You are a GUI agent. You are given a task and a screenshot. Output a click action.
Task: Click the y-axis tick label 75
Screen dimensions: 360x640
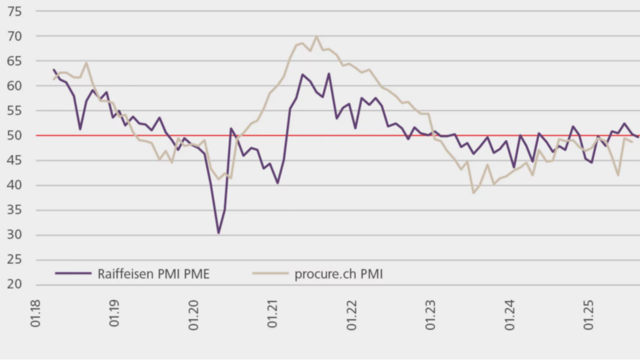click(15, 11)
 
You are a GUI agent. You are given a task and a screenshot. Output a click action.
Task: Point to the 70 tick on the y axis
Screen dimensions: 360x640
click(15, 36)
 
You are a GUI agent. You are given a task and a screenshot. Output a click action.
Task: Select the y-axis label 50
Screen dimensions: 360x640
click(15, 135)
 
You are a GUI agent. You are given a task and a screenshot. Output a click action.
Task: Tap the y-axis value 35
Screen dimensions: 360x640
click(15, 210)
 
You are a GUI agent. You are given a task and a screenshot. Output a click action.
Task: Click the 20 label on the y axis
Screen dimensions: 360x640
click(15, 285)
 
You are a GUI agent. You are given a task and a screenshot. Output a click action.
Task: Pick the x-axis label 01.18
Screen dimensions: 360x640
click(36, 315)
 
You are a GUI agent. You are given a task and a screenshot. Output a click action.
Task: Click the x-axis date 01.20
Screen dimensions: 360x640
click(195, 315)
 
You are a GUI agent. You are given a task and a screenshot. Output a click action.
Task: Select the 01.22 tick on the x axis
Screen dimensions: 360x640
click(353, 315)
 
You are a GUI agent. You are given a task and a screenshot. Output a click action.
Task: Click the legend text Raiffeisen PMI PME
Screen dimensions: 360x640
click(154, 275)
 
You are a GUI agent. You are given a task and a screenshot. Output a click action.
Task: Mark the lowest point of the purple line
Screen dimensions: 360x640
click(218, 233)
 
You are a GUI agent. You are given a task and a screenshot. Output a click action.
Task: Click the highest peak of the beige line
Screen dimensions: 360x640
click(316, 36)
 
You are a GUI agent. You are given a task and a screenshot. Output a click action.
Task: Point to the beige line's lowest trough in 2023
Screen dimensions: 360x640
click(473, 193)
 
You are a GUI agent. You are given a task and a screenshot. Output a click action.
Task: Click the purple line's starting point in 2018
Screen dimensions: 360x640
click(53, 69)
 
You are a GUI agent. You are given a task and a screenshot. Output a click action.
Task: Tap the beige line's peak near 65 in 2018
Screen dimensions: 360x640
click(86, 63)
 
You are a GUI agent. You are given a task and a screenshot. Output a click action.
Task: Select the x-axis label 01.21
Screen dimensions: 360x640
click(274, 315)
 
